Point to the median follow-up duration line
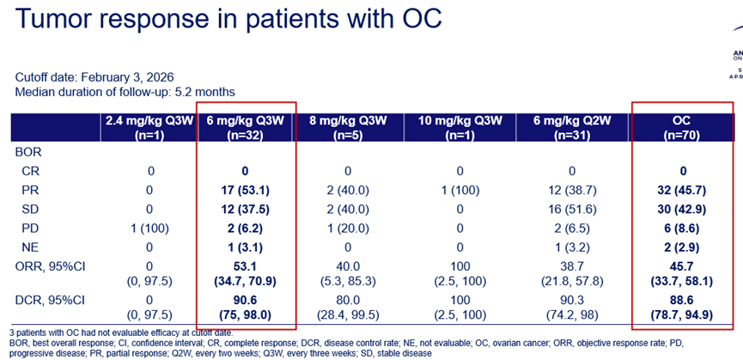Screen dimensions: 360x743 point(125,92)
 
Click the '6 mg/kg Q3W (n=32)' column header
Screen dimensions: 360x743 point(247,126)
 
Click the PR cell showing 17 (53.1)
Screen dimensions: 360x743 point(247,188)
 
